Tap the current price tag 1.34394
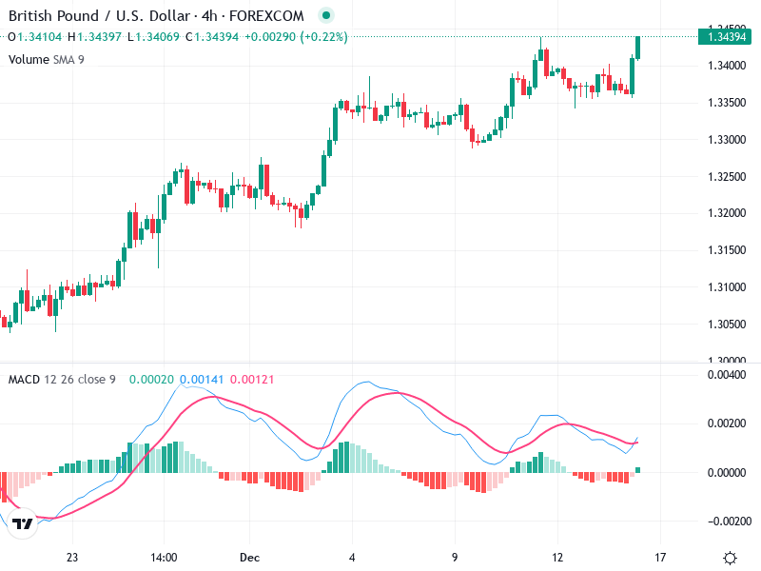click(x=728, y=37)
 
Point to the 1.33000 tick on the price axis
click(x=728, y=140)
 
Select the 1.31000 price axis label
click(x=728, y=287)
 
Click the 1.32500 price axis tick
click(x=728, y=177)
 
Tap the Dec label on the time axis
click(x=249, y=557)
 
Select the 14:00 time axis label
click(x=164, y=557)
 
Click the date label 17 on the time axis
click(x=660, y=557)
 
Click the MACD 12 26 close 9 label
click(x=62, y=380)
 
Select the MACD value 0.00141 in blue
click(x=201, y=380)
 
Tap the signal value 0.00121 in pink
click(x=252, y=380)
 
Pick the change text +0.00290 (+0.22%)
click(x=296, y=37)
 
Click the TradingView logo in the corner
click(x=23, y=523)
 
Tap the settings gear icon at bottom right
click(x=730, y=558)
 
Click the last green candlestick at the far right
click(x=638, y=48)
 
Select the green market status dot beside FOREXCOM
click(x=326, y=16)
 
